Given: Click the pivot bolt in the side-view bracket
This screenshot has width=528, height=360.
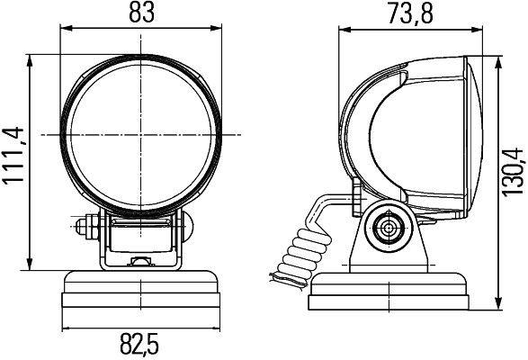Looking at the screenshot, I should pyautogui.click(x=389, y=229).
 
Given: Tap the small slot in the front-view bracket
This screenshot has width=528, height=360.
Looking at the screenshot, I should pyautogui.click(x=141, y=263).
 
